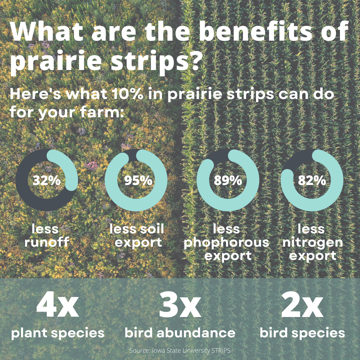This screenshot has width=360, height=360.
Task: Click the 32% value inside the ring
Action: tap(47, 180)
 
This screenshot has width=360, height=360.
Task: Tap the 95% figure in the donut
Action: tap(138, 180)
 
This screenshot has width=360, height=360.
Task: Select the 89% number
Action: tap(228, 180)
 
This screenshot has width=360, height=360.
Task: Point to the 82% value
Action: tap(312, 180)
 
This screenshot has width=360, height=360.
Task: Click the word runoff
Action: tap(47, 242)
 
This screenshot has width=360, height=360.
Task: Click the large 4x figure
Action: tap(58, 304)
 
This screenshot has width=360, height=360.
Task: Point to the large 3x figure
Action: tap(180, 304)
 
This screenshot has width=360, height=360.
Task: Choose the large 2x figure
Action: tap(302, 304)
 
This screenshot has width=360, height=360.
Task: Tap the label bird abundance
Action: tap(180, 333)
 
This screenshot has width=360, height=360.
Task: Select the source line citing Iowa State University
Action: tap(180, 351)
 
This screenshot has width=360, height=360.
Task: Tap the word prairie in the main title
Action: tap(56, 61)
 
